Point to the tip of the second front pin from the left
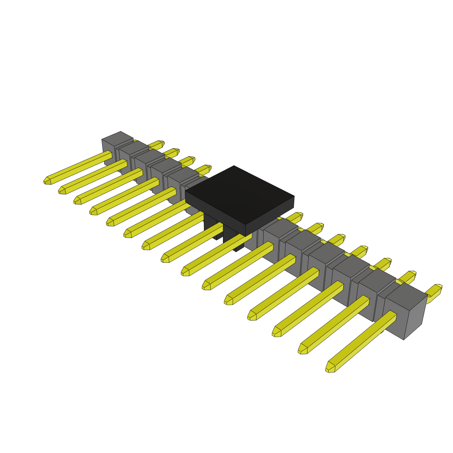61,191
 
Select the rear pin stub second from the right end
409,277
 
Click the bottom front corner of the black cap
246,235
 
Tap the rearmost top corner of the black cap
234,166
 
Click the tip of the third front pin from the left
77,201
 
